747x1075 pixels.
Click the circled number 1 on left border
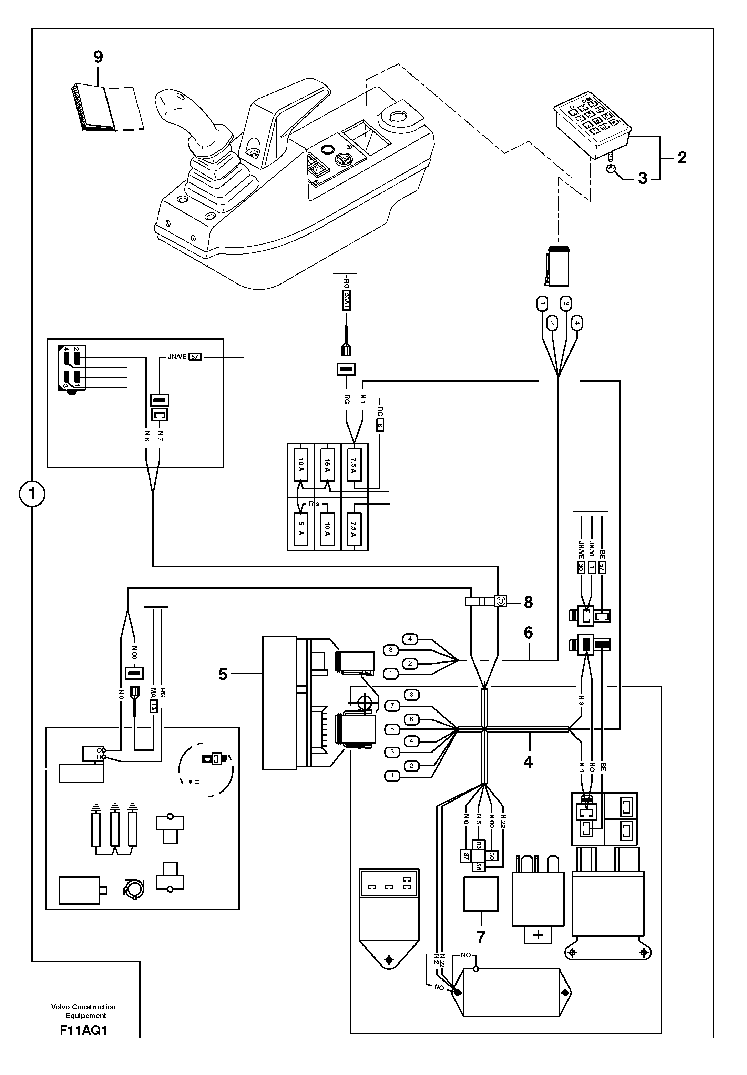(x=32, y=494)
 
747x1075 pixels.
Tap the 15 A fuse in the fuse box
(x=327, y=466)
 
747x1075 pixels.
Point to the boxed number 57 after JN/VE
(x=195, y=357)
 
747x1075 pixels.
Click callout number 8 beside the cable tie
(x=529, y=603)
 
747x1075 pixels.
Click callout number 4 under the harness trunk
(x=528, y=762)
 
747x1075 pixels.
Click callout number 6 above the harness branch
(x=528, y=633)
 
